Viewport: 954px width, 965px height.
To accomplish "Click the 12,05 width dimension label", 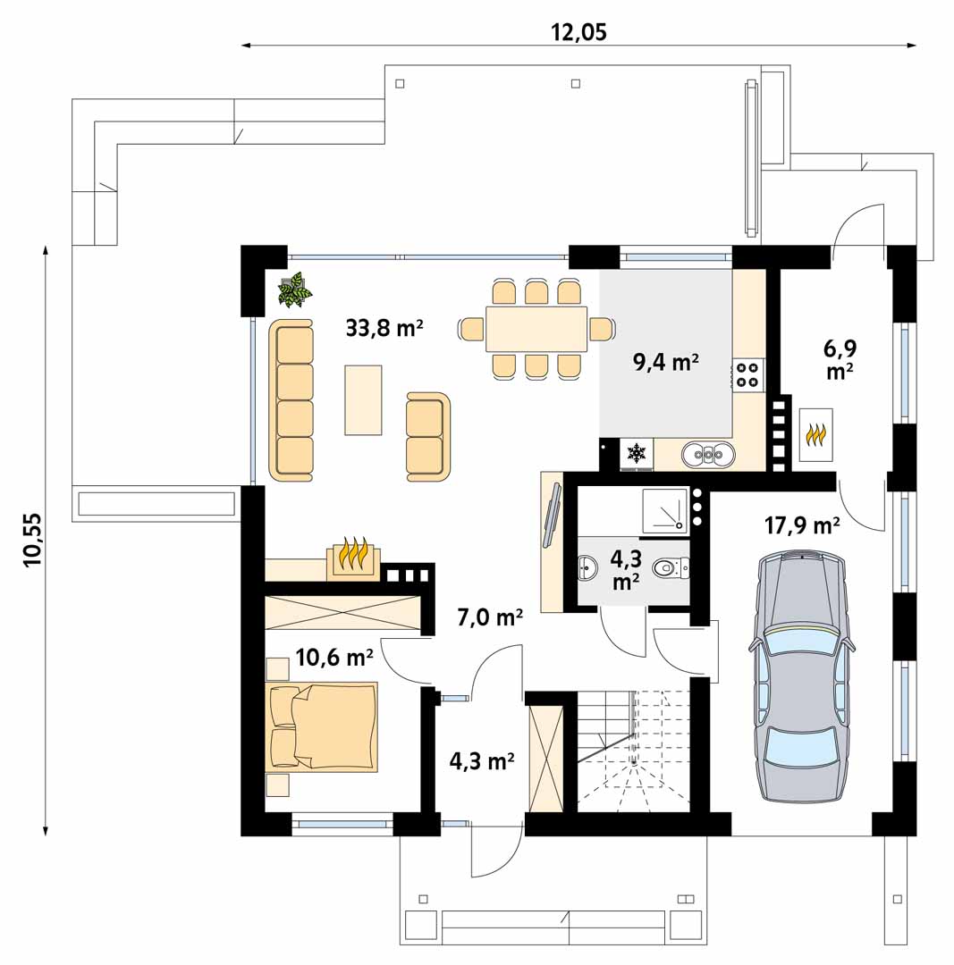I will coord(578,32).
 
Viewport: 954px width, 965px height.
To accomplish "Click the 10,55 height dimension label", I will coord(34,541).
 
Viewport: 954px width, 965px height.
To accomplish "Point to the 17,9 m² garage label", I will coord(801,525).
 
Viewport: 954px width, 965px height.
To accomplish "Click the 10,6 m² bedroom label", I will coord(333,659).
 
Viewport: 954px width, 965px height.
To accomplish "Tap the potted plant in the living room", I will coord(293,290).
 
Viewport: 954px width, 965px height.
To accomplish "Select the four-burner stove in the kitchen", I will coord(748,375).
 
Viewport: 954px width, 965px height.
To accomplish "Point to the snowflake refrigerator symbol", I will coord(637,454).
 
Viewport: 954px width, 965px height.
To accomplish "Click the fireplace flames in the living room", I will coord(356,555).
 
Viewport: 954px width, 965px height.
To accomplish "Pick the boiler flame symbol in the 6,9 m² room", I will coord(815,435).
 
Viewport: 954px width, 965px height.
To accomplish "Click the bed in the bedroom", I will coord(324,726).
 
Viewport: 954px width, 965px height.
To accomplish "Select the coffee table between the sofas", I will coord(363,399).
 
